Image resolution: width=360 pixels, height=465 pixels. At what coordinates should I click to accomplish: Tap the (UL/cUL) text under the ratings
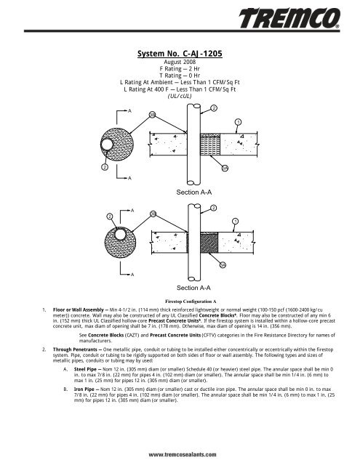click(x=180, y=95)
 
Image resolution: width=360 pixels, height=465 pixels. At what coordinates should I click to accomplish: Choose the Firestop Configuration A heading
click(x=180, y=299)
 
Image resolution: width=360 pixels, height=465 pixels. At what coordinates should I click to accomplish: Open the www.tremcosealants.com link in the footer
click(x=180, y=453)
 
